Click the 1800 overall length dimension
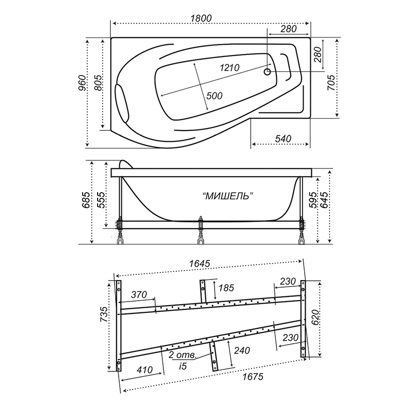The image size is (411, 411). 201,18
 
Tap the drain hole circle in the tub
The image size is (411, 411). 267,71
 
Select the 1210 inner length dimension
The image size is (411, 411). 229,68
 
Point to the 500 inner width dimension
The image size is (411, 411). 214,96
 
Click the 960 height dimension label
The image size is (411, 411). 82,83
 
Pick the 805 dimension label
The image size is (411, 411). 98,83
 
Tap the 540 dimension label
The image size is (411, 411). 283,139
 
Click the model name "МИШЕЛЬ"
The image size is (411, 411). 228,196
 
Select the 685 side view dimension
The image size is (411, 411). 86,200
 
